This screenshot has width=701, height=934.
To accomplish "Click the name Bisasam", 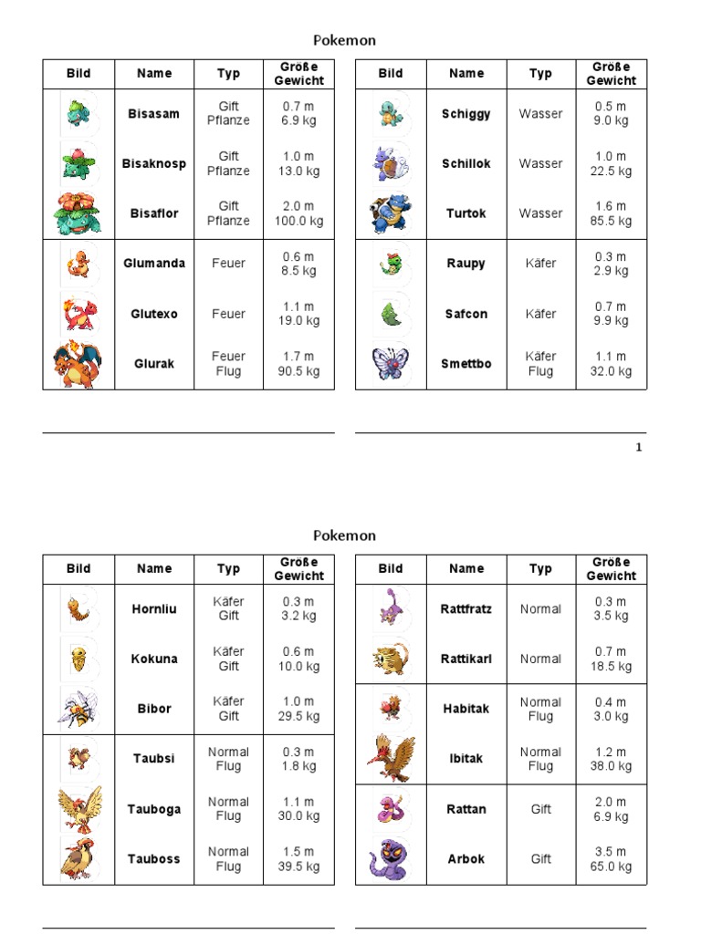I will [x=154, y=114].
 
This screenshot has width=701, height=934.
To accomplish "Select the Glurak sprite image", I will [x=78, y=363].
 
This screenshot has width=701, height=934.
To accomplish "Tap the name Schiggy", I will [x=466, y=114].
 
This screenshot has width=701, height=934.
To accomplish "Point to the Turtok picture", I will [x=390, y=213].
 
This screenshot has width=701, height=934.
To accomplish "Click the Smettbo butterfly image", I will [x=390, y=363].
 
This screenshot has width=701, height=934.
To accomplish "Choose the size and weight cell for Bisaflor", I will [x=298, y=213].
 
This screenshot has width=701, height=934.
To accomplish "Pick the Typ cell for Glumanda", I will [x=228, y=264].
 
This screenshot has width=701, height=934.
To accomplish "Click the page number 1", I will [x=639, y=447].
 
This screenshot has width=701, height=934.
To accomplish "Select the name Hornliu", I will [x=154, y=608].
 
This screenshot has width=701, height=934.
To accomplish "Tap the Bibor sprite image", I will [x=78, y=709].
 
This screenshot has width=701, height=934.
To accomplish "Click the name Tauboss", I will [x=154, y=858].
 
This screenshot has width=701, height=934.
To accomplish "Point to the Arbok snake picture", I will [x=390, y=858].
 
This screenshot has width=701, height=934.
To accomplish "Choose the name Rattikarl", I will [x=466, y=659].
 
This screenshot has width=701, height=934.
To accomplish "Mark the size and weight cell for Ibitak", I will [x=611, y=759].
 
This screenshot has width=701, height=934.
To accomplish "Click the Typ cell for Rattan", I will [x=540, y=809].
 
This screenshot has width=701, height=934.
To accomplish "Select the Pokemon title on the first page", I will [x=344, y=40].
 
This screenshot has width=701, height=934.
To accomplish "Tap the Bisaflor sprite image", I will [x=78, y=213].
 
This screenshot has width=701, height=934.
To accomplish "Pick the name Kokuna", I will [x=154, y=659].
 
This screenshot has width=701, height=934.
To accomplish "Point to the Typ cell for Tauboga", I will [x=228, y=809].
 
